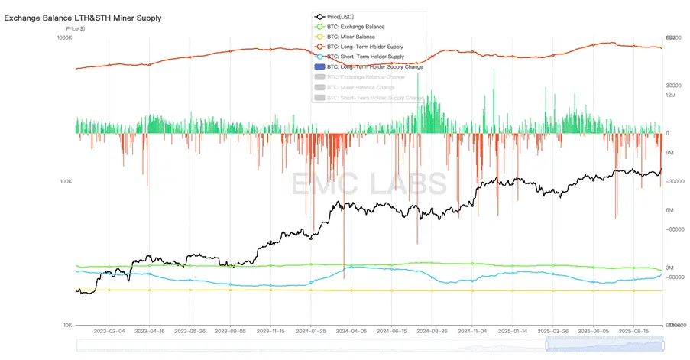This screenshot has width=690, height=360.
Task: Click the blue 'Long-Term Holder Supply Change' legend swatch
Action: pos(319,67)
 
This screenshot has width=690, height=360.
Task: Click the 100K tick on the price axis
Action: pos(64,181)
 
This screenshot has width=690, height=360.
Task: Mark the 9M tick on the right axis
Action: pos(670,153)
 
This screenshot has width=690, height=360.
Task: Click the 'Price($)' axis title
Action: pos(75,28)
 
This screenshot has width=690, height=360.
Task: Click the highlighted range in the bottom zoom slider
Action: pos(604,345)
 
